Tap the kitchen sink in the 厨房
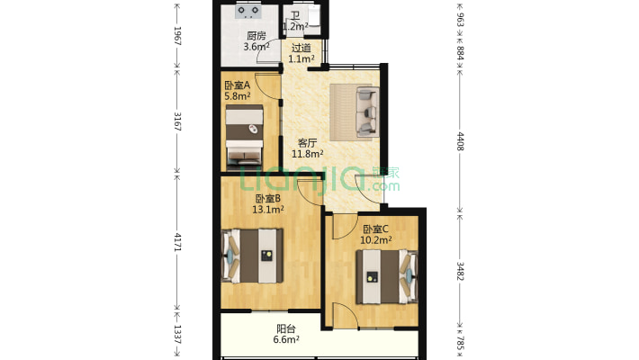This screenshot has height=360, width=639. (249, 12)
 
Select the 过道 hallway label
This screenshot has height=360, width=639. (301, 48)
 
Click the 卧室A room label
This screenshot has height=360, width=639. (237, 85)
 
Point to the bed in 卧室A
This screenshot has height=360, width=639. (244, 135)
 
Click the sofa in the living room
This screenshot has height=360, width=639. (364, 112)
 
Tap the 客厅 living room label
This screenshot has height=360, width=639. (307, 142)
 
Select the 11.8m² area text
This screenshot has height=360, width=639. (307, 153)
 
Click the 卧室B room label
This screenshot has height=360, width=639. (268, 199)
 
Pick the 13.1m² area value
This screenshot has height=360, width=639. (268, 210)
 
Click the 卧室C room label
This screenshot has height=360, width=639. (375, 229)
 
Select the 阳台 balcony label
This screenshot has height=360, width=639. (286, 328)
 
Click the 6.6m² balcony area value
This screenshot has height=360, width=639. (286, 340)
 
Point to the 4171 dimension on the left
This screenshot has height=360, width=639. (177, 242)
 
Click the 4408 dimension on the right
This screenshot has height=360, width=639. (460, 141)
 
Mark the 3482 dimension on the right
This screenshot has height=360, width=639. (460, 271)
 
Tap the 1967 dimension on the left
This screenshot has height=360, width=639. (177, 36)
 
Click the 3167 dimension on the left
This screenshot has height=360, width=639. (177, 121)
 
